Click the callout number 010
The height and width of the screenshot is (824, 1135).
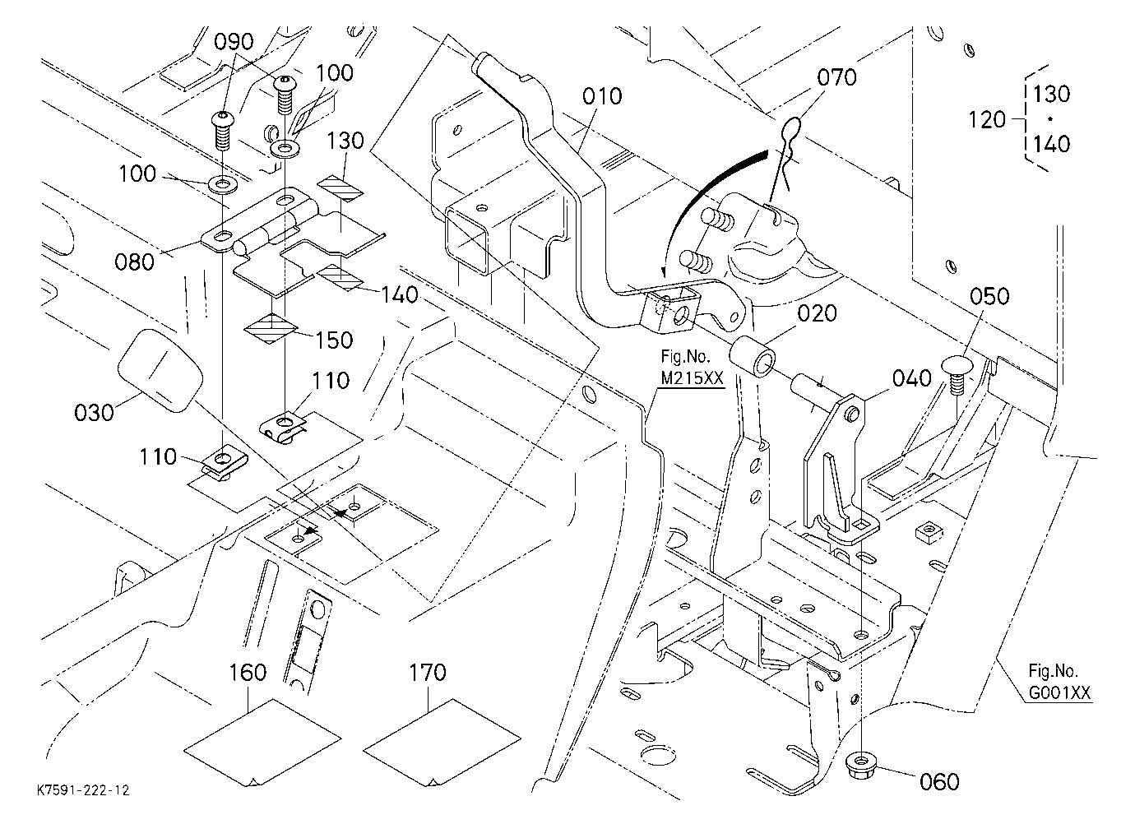coord(602,96)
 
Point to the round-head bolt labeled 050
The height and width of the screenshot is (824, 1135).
coord(957,374)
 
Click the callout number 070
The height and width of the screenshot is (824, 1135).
coord(836,77)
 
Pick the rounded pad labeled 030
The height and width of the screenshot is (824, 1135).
coord(160,369)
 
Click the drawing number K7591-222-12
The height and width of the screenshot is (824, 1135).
coord(83,790)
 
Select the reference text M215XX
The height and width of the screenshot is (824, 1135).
coord(692,377)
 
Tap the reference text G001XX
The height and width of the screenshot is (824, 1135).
coord(1059,692)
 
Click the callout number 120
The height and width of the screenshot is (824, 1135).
coord(987,120)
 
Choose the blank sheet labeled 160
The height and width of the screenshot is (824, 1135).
coord(262,743)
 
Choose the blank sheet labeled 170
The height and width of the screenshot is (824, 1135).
coord(442,743)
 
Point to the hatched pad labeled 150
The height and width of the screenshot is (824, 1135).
coord(271,328)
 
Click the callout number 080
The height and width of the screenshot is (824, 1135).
coord(134,262)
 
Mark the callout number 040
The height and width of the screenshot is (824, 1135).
coord(911,378)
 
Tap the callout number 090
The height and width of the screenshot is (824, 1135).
coord(234,42)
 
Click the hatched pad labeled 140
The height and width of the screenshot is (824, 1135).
coord(340,277)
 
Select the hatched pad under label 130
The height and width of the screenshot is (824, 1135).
coord(340,187)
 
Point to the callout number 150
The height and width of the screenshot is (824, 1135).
coord(334,340)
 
